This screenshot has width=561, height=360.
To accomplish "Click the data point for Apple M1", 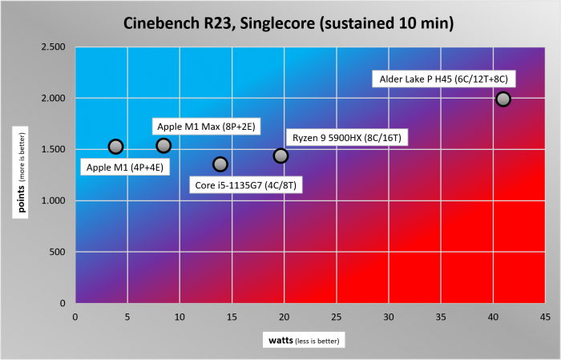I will click(115, 147).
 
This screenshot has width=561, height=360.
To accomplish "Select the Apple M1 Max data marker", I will click(163, 145).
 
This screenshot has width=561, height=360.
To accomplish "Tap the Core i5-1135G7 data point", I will click(220, 164).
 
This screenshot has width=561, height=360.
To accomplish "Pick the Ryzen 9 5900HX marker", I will click(280, 156).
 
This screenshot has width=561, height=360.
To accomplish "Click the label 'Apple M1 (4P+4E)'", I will click(123, 168).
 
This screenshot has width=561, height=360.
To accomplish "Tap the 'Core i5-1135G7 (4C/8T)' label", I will click(249, 186).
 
